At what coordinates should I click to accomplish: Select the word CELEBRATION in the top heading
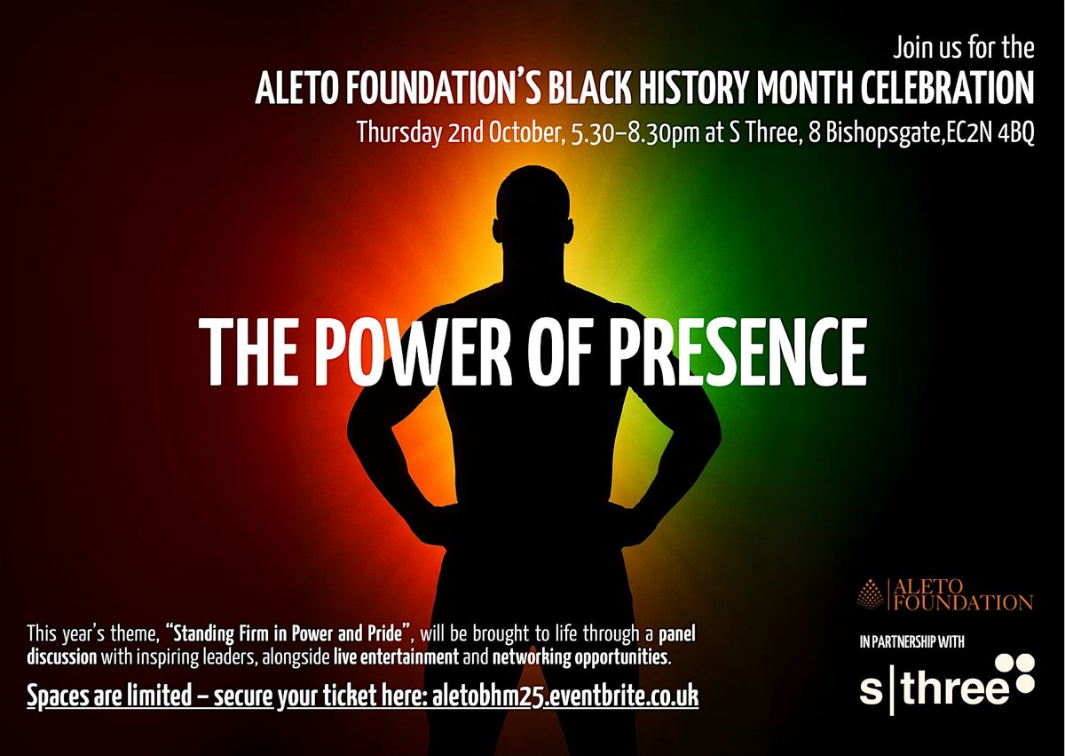948,89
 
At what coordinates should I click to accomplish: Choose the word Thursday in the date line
398,133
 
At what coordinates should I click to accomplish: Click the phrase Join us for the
964,48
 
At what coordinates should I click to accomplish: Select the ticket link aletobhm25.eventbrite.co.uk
566,696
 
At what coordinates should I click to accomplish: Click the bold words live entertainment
396,657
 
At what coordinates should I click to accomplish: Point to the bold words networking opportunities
580,658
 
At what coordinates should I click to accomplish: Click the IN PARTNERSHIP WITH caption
912,641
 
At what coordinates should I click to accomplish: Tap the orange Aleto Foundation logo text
962,594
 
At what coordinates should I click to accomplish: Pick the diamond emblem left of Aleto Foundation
870,594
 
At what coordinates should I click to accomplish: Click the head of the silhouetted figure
532,204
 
